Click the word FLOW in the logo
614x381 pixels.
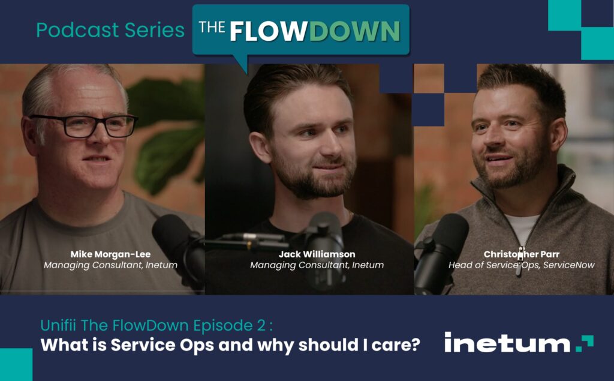click(268, 31)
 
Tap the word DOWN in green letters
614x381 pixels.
click(354, 31)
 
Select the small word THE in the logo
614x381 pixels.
click(212, 28)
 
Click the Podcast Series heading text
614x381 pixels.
click(110, 30)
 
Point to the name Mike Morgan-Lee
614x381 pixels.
click(110, 254)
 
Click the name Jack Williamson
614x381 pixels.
click(317, 254)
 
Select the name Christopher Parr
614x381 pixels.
click(522, 254)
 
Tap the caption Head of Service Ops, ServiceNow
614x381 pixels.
click(522, 265)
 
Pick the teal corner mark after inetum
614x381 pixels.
click(585, 343)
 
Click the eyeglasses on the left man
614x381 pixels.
click(84, 125)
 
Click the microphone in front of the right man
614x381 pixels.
click(441, 251)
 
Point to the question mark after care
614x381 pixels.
click(415, 345)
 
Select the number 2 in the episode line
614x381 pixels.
click(261, 326)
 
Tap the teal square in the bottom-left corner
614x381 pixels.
click(16, 365)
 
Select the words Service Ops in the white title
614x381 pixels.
click(162, 346)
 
